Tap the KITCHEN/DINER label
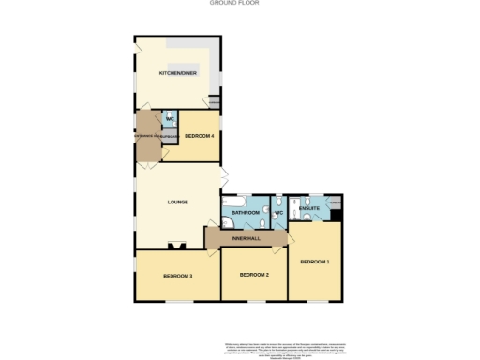tap(177, 72)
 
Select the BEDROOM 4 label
tap(200, 136)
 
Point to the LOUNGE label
tap(178, 202)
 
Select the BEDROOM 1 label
tap(314, 262)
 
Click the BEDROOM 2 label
tap(254, 275)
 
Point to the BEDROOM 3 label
tap(177, 276)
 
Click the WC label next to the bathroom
tap(278, 213)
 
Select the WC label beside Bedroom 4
tap(170, 120)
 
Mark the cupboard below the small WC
tap(169, 138)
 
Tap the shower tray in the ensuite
tap(294, 205)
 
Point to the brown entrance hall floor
tap(147, 136)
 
